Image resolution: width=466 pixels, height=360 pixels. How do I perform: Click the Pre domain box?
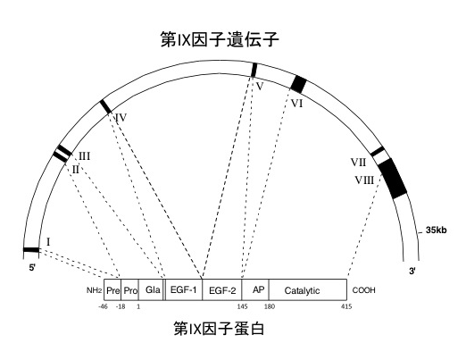pos(112,289)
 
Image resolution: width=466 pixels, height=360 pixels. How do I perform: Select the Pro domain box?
pos(129,289)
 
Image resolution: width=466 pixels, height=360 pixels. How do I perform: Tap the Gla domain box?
pos(151,289)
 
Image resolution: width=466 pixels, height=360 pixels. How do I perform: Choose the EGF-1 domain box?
pos(184,289)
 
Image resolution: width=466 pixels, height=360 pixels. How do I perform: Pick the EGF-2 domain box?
pos(222,289)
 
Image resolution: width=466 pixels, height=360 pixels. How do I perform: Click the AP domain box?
pos(255,289)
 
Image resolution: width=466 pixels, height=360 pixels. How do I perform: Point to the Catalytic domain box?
pos(308,289)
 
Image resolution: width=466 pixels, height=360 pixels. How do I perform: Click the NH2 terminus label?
pos(95,290)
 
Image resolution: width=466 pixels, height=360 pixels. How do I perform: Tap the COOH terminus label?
pos(363,290)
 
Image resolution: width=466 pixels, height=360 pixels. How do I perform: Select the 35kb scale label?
pos(436,230)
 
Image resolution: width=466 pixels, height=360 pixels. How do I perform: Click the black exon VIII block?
pos(393,179)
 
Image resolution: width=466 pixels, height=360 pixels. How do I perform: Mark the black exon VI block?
pos(298,84)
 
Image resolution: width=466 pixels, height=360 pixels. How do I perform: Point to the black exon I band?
pos(31,250)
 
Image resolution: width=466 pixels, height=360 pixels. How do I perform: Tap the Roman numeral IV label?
pos(121,118)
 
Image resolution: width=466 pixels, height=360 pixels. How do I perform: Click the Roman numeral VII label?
pos(358,163)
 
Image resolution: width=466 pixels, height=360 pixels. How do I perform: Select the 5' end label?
pos(32,268)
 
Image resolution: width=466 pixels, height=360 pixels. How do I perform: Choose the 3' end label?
pos(412,272)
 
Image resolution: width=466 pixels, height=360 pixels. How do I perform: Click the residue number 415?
pos(346,306)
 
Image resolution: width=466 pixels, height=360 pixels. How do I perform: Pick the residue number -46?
pos(103,306)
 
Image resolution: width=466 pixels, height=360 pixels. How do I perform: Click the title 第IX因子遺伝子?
pos(220,39)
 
